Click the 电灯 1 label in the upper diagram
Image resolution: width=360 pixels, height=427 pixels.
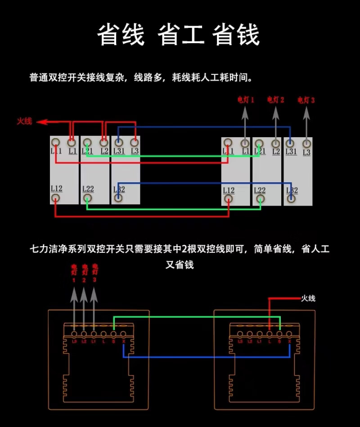(x=246, y=99)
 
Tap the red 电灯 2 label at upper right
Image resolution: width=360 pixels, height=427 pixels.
(x=275, y=99)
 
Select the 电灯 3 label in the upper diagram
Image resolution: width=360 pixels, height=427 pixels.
(x=306, y=100)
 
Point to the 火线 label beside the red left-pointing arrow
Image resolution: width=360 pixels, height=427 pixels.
(x=25, y=121)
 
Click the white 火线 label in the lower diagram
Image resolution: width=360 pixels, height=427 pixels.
(x=308, y=298)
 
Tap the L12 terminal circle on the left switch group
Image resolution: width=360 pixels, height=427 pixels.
(x=56, y=198)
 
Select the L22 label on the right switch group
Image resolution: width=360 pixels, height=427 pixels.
(x=260, y=191)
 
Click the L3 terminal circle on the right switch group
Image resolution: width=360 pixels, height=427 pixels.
(x=306, y=144)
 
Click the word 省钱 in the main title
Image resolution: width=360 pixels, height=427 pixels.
(x=237, y=35)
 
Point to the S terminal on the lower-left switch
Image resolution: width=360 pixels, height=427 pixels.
(x=113, y=334)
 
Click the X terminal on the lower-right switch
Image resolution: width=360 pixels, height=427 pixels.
(x=289, y=334)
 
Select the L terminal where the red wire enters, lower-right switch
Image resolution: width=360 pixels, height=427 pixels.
(x=269, y=334)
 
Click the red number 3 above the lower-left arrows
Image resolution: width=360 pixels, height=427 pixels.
(x=94, y=280)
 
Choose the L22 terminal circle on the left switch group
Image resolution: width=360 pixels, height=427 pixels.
(x=88, y=198)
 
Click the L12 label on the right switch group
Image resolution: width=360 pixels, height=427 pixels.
(x=229, y=191)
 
